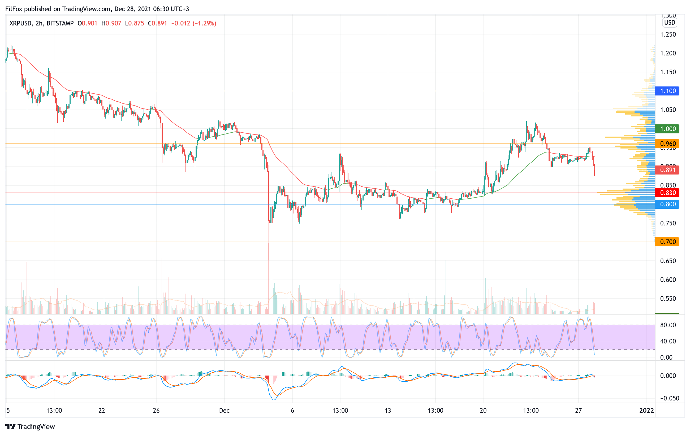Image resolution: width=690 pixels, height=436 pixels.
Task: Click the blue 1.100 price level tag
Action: (667, 91)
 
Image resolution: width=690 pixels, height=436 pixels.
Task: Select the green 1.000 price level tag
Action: (667, 129)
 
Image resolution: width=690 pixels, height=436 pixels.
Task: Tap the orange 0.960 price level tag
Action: (667, 144)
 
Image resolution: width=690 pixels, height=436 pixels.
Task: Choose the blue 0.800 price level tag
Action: (667, 204)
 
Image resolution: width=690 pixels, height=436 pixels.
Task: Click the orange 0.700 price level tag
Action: (667, 242)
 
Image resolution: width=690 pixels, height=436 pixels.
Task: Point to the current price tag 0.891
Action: (667, 170)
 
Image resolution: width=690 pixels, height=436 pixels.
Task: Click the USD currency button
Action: (670, 23)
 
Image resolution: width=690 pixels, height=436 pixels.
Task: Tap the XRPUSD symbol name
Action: (20, 23)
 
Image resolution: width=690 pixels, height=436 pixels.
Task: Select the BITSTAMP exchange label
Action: (60, 23)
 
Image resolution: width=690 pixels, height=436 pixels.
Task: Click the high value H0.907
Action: (111, 23)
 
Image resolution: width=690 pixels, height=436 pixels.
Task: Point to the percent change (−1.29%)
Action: (204, 23)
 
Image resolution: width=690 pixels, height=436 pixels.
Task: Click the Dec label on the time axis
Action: (224, 411)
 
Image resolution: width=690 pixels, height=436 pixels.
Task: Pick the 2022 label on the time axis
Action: (647, 411)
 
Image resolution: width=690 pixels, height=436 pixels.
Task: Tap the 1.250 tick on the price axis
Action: (668, 35)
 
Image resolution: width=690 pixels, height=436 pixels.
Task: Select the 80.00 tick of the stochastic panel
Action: (668, 325)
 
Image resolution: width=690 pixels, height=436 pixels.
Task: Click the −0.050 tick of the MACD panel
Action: (668, 399)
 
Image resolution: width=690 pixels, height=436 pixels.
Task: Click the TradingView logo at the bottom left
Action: (30, 426)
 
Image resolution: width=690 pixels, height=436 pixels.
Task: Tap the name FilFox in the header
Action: (14, 9)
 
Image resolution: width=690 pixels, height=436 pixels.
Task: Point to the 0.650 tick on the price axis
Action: (668, 261)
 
